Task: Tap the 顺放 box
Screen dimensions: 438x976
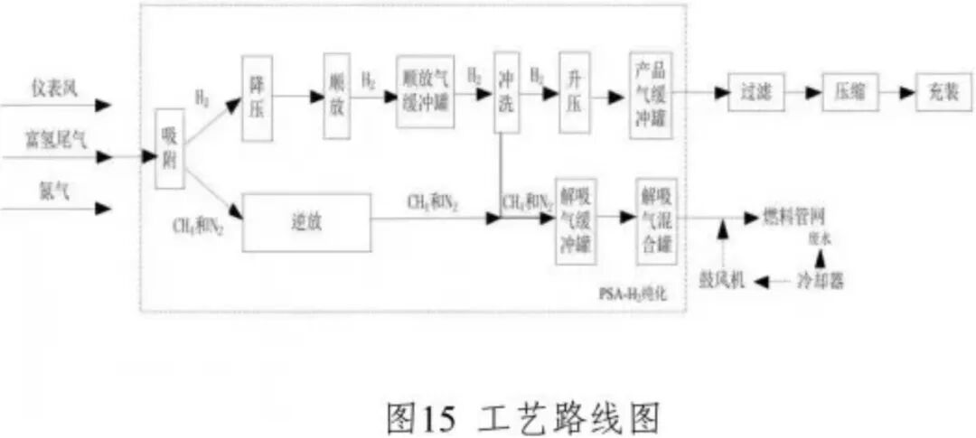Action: [x=336, y=97]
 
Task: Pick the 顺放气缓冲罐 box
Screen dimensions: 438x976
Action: [x=425, y=91]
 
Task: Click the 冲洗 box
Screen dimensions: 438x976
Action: [x=506, y=93]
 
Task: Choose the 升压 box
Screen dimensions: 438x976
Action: [x=573, y=94]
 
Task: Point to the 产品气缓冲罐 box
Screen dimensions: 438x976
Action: [x=652, y=94]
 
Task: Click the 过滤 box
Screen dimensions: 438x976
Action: [x=755, y=93]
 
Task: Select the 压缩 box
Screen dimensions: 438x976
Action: [x=849, y=93]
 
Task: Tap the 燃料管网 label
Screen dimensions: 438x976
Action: [x=794, y=217]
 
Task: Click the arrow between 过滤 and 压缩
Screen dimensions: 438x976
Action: [x=802, y=93]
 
